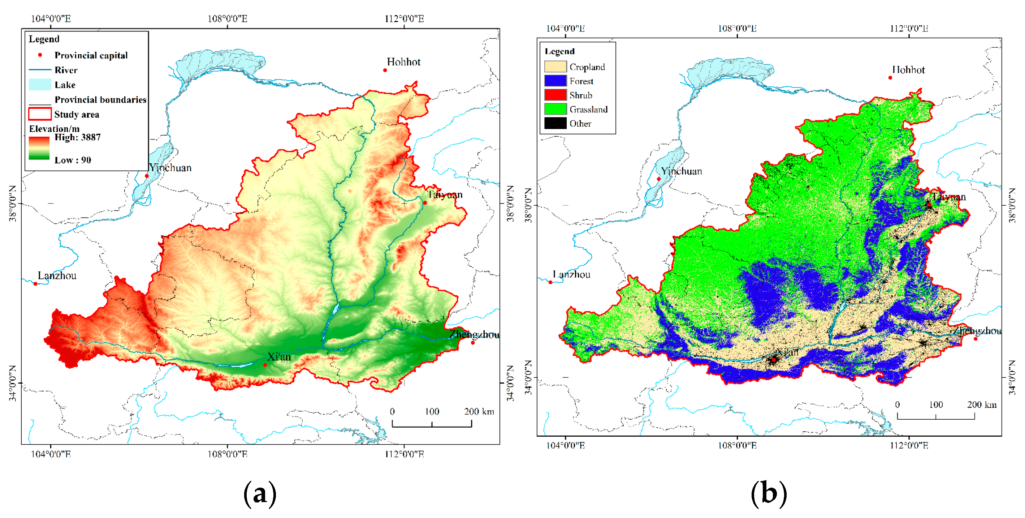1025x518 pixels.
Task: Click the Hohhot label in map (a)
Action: pyautogui.click(x=403, y=62)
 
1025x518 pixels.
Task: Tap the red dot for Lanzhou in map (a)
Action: pyautogui.click(x=35, y=284)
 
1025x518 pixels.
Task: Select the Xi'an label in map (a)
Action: pyautogui.click(x=279, y=357)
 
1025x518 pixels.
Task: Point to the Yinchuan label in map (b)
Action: pyautogui.click(x=681, y=171)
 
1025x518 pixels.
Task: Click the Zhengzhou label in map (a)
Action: pyautogui.click(x=474, y=334)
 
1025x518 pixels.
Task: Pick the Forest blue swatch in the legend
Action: pyautogui.click(x=555, y=81)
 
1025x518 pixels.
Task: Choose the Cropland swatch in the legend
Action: pyautogui.click(x=555, y=67)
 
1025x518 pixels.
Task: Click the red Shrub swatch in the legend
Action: pyautogui.click(x=555, y=95)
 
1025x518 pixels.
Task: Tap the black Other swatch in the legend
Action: pyautogui.click(x=555, y=123)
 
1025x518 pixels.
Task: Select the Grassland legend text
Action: pyautogui.click(x=588, y=109)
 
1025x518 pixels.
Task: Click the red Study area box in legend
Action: pyautogui.click(x=40, y=114)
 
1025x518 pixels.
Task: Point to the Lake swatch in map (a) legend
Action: pyautogui.click(x=40, y=85)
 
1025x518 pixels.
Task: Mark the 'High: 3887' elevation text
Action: pyautogui.click(x=77, y=137)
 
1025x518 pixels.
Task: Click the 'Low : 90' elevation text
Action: pyautogui.click(x=73, y=160)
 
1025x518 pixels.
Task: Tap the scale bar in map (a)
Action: pyautogui.click(x=432, y=424)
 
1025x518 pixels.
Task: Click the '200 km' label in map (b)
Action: pyautogui.click(x=982, y=404)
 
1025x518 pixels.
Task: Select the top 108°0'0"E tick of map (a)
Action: pyautogui.click(x=227, y=19)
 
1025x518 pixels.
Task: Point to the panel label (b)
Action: pyautogui.click(x=768, y=494)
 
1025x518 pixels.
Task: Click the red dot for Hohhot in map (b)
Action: pyautogui.click(x=890, y=78)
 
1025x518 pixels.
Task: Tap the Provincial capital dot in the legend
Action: pyautogui.click(x=40, y=55)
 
